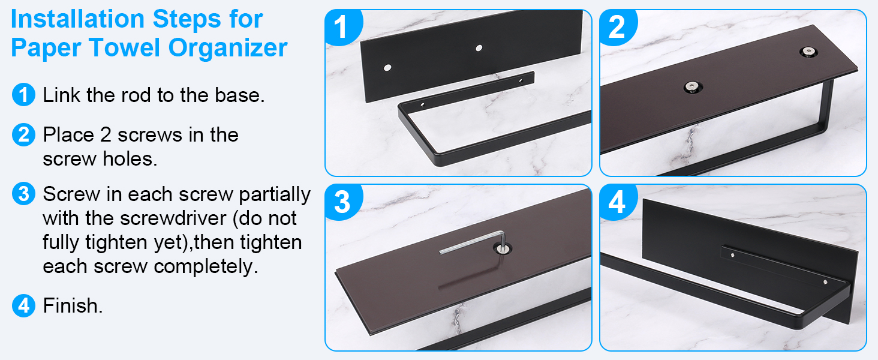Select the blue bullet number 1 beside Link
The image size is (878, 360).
[23, 95]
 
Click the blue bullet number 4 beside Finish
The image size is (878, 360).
[23, 305]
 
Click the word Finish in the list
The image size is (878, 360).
[72, 305]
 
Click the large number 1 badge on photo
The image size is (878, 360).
[341, 27]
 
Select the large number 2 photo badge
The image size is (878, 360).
[617, 27]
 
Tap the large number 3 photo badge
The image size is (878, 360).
[341, 202]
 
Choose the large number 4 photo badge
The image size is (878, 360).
[617, 202]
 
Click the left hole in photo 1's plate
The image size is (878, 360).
[387, 68]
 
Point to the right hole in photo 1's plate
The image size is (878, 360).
[479, 47]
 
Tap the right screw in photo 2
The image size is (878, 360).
[808, 52]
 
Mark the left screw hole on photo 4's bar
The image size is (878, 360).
[733, 256]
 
